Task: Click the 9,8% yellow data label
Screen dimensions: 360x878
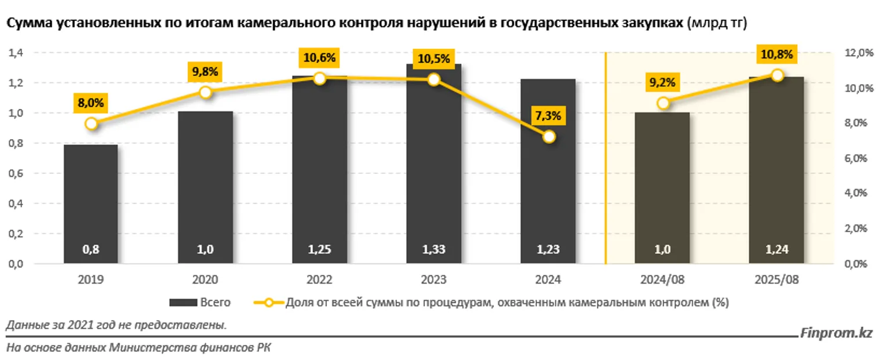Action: [x=205, y=72]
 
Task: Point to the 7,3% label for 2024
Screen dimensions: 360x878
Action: [x=548, y=116]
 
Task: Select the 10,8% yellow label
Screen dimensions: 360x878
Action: [x=776, y=54]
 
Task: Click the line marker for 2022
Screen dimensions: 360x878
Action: [x=319, y=78]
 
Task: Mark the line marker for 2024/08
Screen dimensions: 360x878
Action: [x=664, y=103]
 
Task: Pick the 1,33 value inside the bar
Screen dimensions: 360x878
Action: [x=433, y=250]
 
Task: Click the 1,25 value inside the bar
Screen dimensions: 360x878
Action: [x=319, y=250]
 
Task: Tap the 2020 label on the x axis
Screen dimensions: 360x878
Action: [x=205, y=280]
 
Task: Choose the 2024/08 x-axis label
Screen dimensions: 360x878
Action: [x=662, y=280]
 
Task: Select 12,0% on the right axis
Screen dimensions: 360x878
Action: [x=854, y=53]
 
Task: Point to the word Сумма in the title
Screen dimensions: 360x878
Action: [x=23, y=23]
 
